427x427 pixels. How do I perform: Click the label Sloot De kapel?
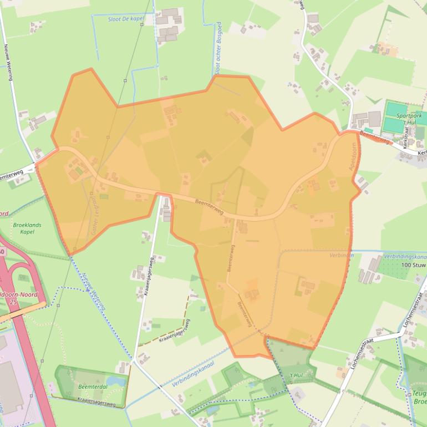pos(125,19)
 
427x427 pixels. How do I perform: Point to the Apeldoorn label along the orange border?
pos(351,159)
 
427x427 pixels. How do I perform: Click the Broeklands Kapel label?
pos(24,228)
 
